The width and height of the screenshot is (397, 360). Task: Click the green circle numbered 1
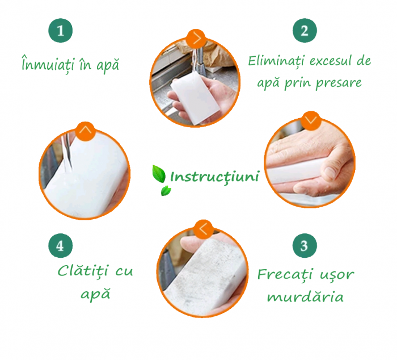60,31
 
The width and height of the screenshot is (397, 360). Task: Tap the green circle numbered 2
305,31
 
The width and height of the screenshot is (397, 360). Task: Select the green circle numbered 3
305,245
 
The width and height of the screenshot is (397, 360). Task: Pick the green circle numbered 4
60,245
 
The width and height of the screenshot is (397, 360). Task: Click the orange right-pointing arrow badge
196,39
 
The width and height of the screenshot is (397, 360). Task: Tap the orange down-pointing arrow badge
311,121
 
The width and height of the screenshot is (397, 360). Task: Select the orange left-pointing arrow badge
203,229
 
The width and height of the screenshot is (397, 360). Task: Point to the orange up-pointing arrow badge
86,131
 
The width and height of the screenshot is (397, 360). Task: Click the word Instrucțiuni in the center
215,177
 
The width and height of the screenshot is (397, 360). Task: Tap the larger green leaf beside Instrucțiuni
159,174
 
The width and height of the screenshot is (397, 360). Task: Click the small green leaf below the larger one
166,191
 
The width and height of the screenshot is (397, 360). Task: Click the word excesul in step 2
328,61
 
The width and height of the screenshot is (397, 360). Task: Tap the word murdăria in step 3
305,296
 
